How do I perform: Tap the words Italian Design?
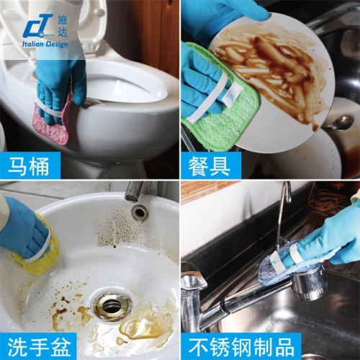click(x=45, y=44)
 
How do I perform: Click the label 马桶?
click(x=29, y=166)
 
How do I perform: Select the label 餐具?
click(x=209, y=167)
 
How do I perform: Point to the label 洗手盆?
click(x=39, y=347)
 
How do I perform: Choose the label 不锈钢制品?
click(x=241, y=347)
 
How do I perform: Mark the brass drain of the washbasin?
click(x=111, y=305)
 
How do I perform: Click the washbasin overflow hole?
click(x=140, y=212)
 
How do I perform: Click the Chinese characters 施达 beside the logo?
click(x=63, y=26)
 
